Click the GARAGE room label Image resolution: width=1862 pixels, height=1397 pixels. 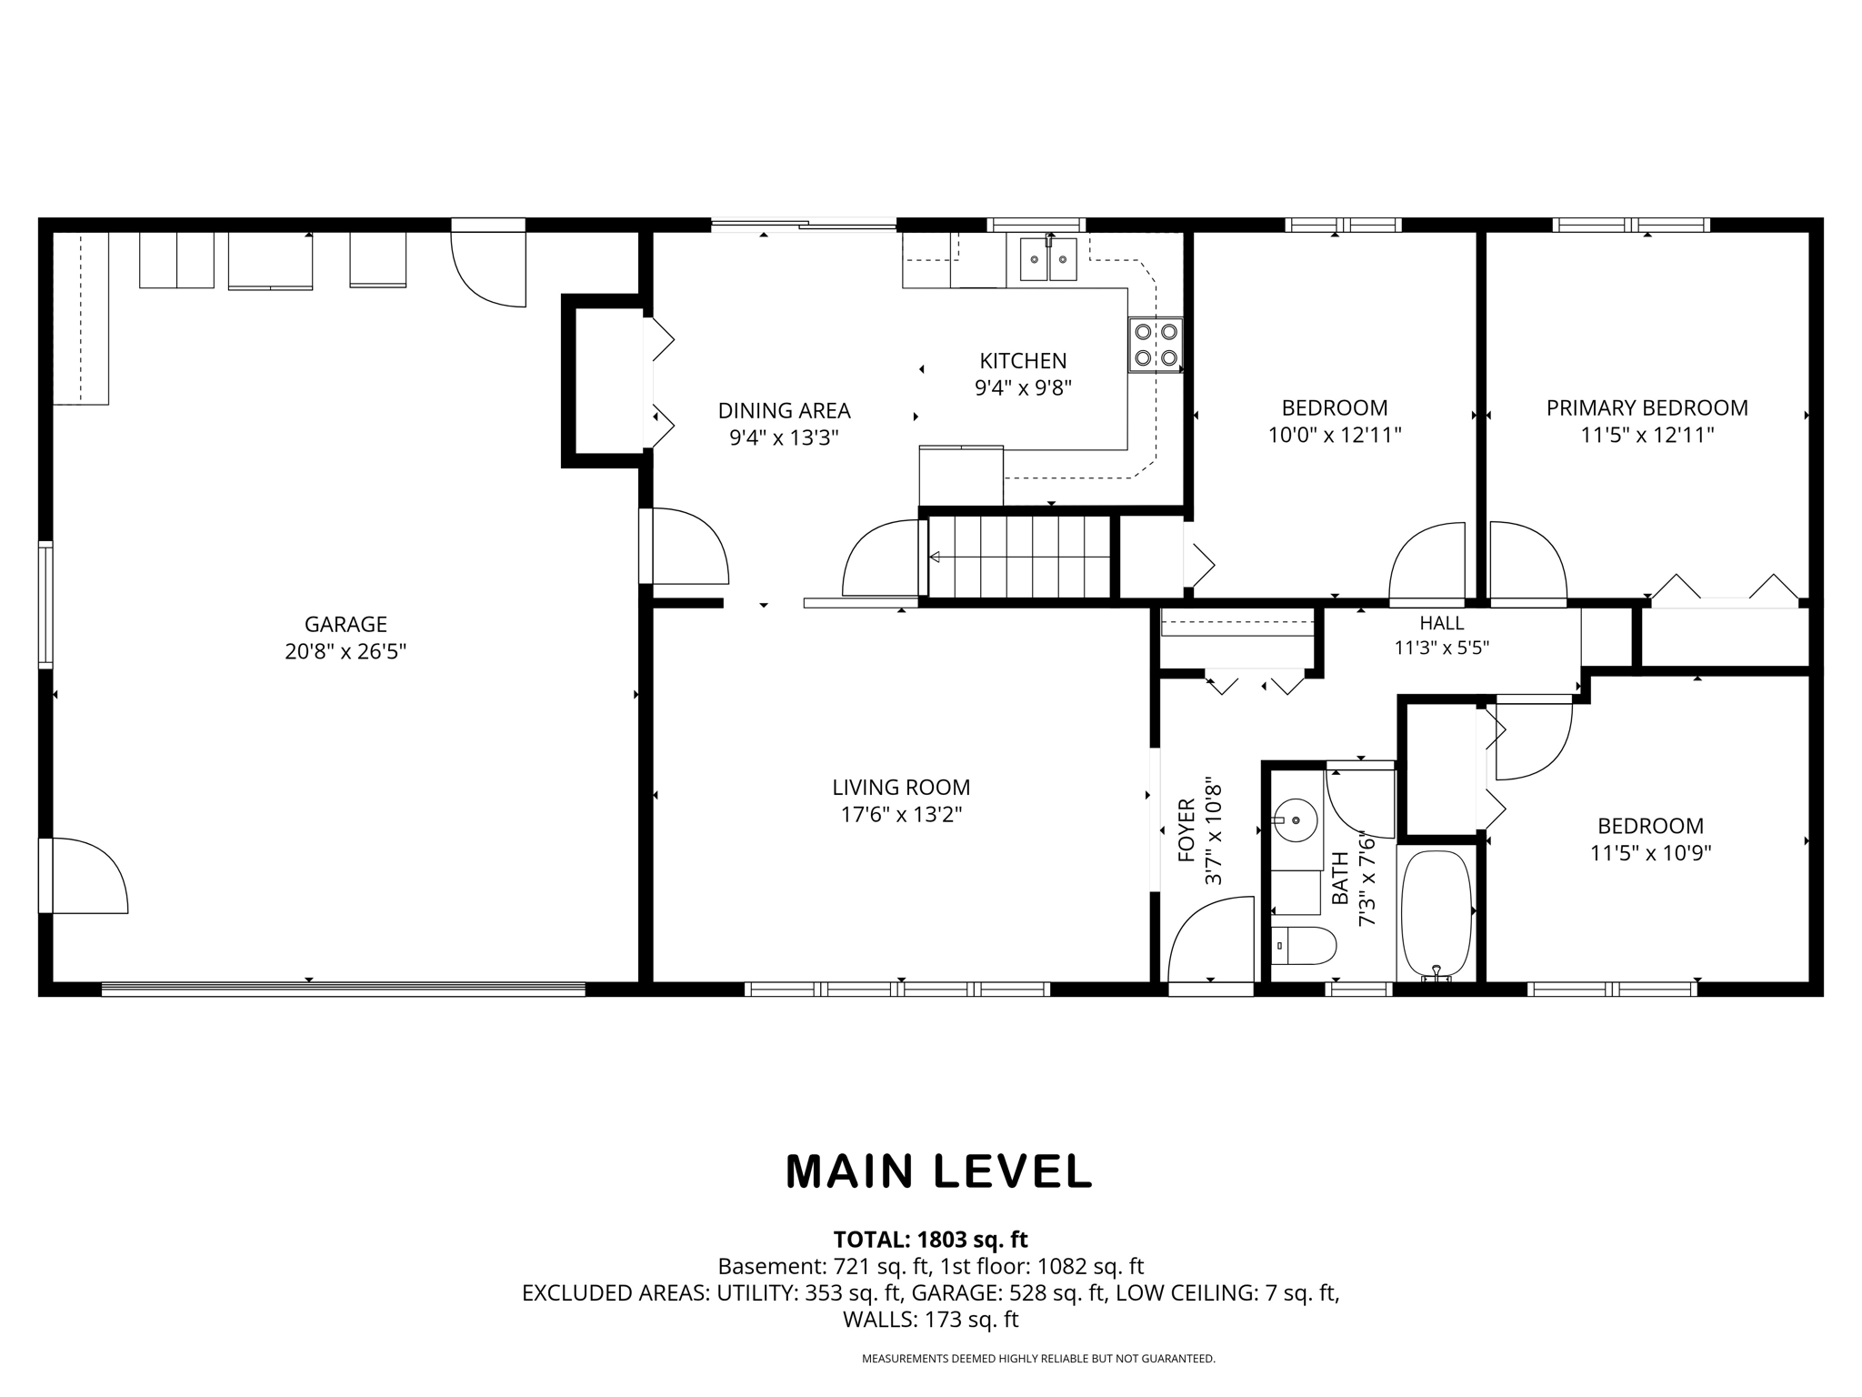click(345, 624)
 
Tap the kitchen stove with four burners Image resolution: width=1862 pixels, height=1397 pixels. click(1156, 345)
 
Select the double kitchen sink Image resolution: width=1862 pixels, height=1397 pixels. click(1048, 258)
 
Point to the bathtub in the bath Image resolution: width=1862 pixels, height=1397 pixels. click(1436, 915)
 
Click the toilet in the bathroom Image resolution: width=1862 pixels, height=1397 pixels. click(1303, 946)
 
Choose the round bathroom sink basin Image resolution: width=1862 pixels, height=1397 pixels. click(1296, 821)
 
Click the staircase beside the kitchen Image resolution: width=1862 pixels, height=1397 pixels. click(1019, 557)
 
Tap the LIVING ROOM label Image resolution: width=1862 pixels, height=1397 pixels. click(901, 787)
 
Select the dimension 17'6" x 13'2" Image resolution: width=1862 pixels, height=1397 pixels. click(901, 814)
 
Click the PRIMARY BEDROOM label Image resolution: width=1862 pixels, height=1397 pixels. click(1647, 407)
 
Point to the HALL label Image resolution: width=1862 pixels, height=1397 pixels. click(1442, 623)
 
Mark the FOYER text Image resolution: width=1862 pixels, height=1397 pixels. click(1186, 829)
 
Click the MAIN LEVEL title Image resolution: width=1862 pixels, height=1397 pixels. click(938, 1171)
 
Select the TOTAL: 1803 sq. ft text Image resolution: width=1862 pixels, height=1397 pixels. click(930, 1239)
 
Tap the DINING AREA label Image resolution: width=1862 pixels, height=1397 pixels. click(784, 410)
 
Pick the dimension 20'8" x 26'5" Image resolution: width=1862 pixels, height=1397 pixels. click(345, 651)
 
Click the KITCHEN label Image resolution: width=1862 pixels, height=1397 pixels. click(1023, 360)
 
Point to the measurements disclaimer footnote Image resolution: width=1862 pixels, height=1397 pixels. click(1038, 1359)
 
